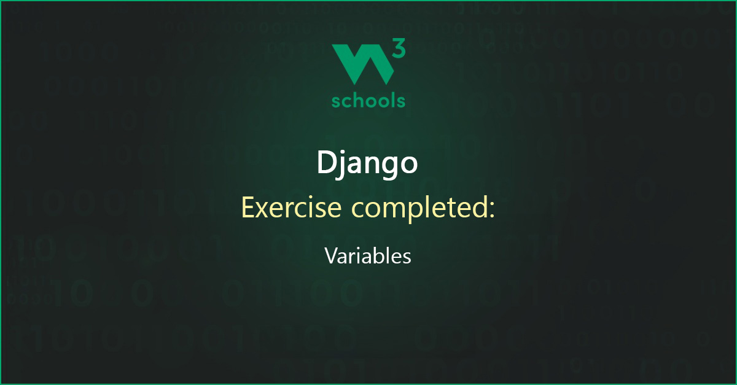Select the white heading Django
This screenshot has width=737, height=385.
[x=367, y=163]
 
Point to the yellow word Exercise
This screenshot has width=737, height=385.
[x=292, y=208]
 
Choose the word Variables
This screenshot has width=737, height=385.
[x=368, y=255]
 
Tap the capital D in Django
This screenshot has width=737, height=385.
[x=327, y=162]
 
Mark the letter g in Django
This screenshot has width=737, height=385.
[x=386, y=168]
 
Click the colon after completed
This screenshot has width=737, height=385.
[x=492, y=211]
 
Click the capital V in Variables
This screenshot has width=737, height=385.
[x=332, y=255]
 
